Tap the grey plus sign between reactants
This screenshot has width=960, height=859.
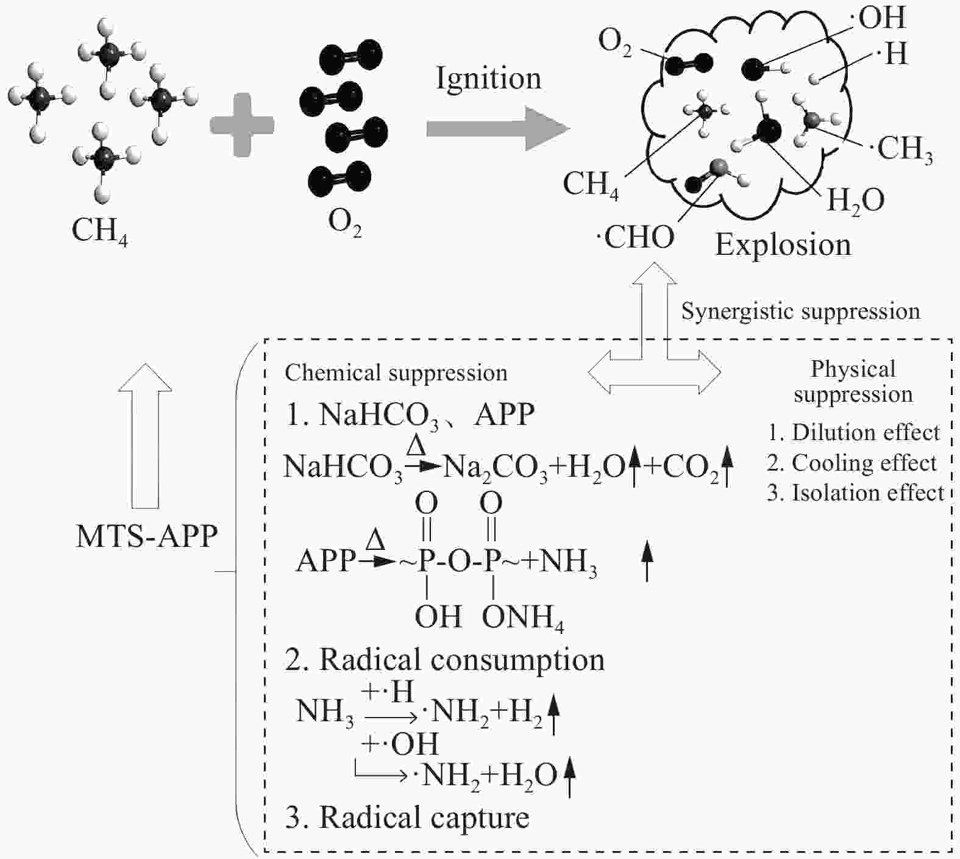tap(242, 125)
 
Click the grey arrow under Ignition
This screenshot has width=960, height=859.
tap(497, 129)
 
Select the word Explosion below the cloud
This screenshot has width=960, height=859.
tap(783, 246)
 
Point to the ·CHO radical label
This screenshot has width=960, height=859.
tap(635, 237)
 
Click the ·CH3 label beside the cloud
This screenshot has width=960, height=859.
tap(905, 148)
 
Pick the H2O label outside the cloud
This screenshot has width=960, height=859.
tap(855, 200)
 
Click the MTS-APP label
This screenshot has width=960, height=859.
tap(147, 536)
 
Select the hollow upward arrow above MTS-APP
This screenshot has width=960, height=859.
tap(145, 436)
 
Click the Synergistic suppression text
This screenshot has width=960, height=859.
tap(800, 312)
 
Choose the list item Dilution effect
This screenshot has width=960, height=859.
tap(855, 433)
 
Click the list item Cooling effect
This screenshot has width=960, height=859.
tap(852, 463)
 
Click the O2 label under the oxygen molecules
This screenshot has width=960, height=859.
tap(345, 223)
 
